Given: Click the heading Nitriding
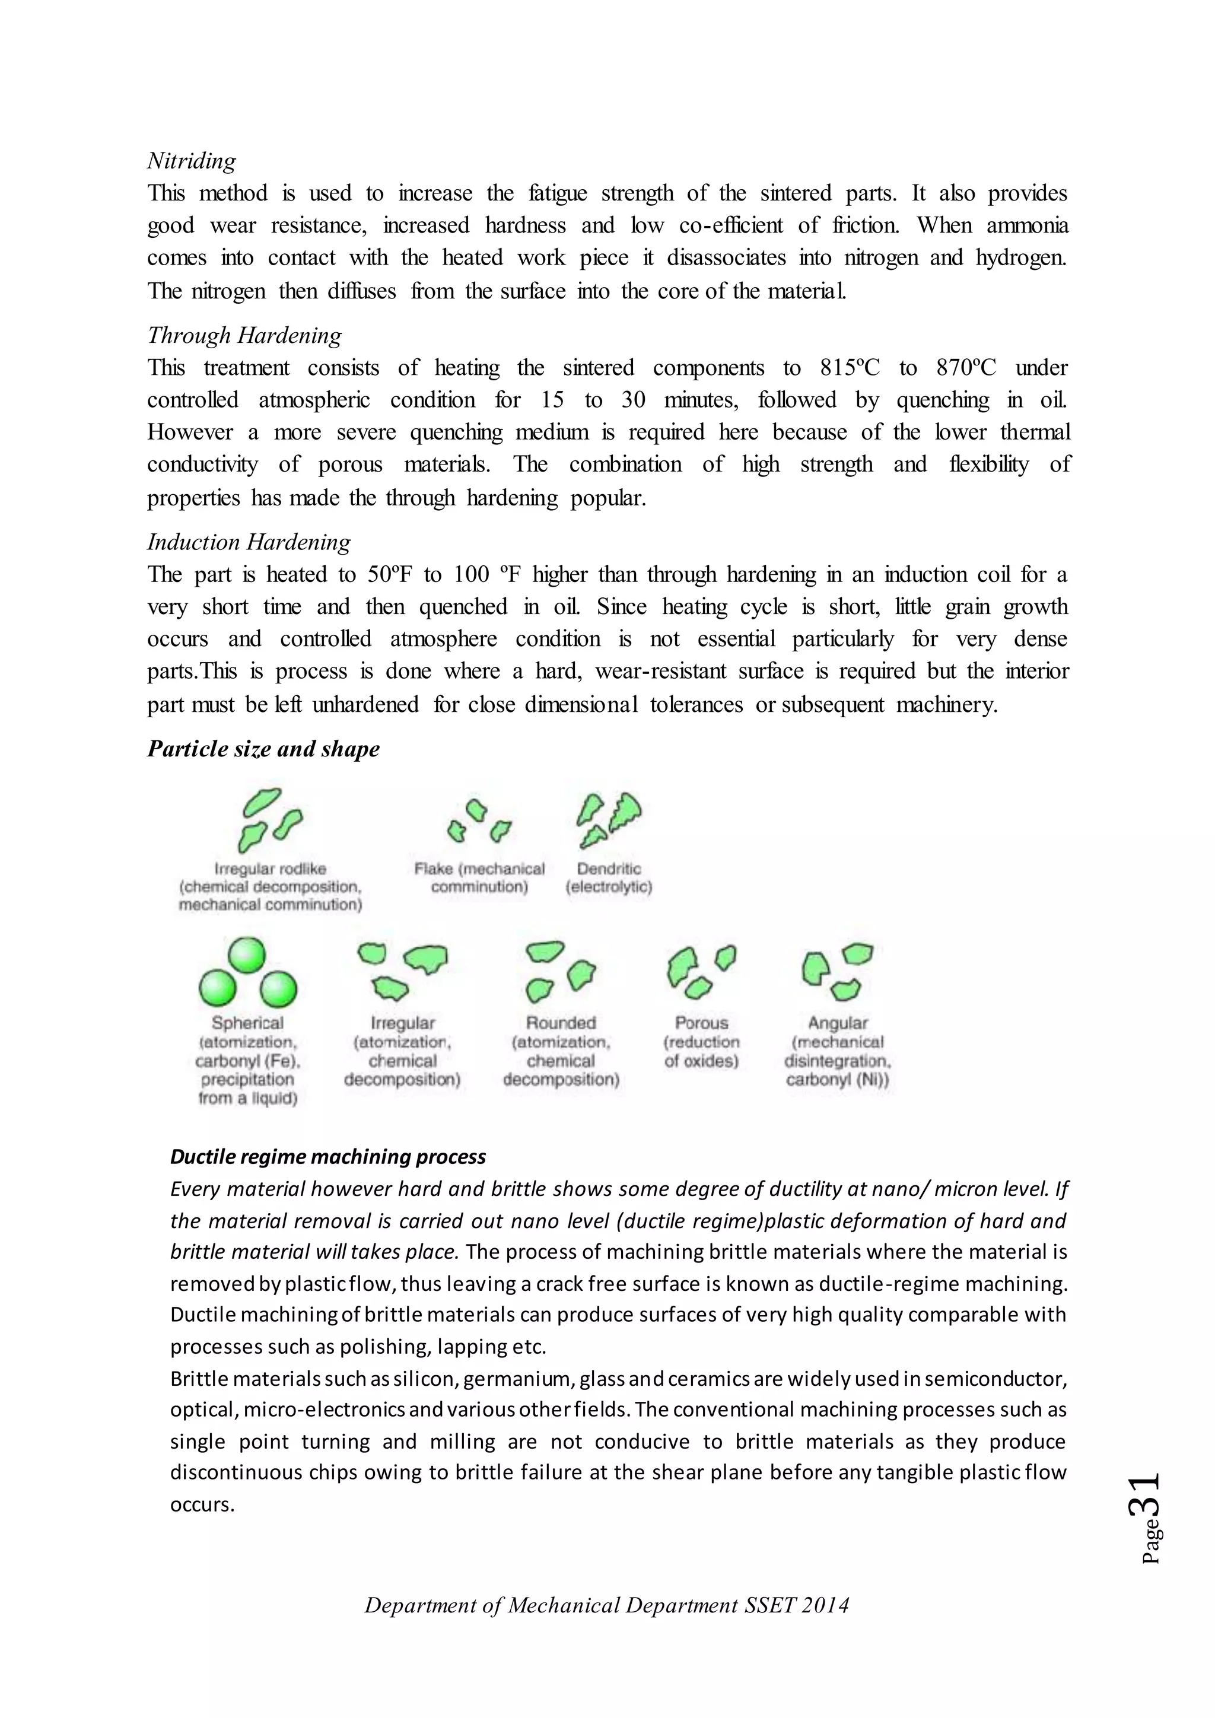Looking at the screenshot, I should click(x=192, y=161).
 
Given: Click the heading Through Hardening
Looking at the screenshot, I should click(x=244, y=335).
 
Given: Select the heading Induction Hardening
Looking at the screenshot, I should click(x=249, y=542).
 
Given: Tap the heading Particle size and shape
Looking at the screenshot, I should click(x=263, y=749).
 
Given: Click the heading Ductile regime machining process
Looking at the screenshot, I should click(x=327, y=1157).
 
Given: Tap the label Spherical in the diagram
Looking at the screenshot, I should click(x=247, y=1023).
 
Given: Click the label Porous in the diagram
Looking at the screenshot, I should click(x=701, y=1023).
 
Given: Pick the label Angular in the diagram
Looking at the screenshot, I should click(x=837, y=1023).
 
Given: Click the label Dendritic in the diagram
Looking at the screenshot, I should click(x=609, y=868).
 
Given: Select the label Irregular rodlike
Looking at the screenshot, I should click(x=270, y=868).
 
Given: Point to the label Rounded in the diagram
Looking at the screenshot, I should click(x=561, y=1023).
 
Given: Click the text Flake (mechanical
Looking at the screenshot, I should click(x=479, y=868).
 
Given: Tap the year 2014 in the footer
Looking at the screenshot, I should click(x=823, y=1606).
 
